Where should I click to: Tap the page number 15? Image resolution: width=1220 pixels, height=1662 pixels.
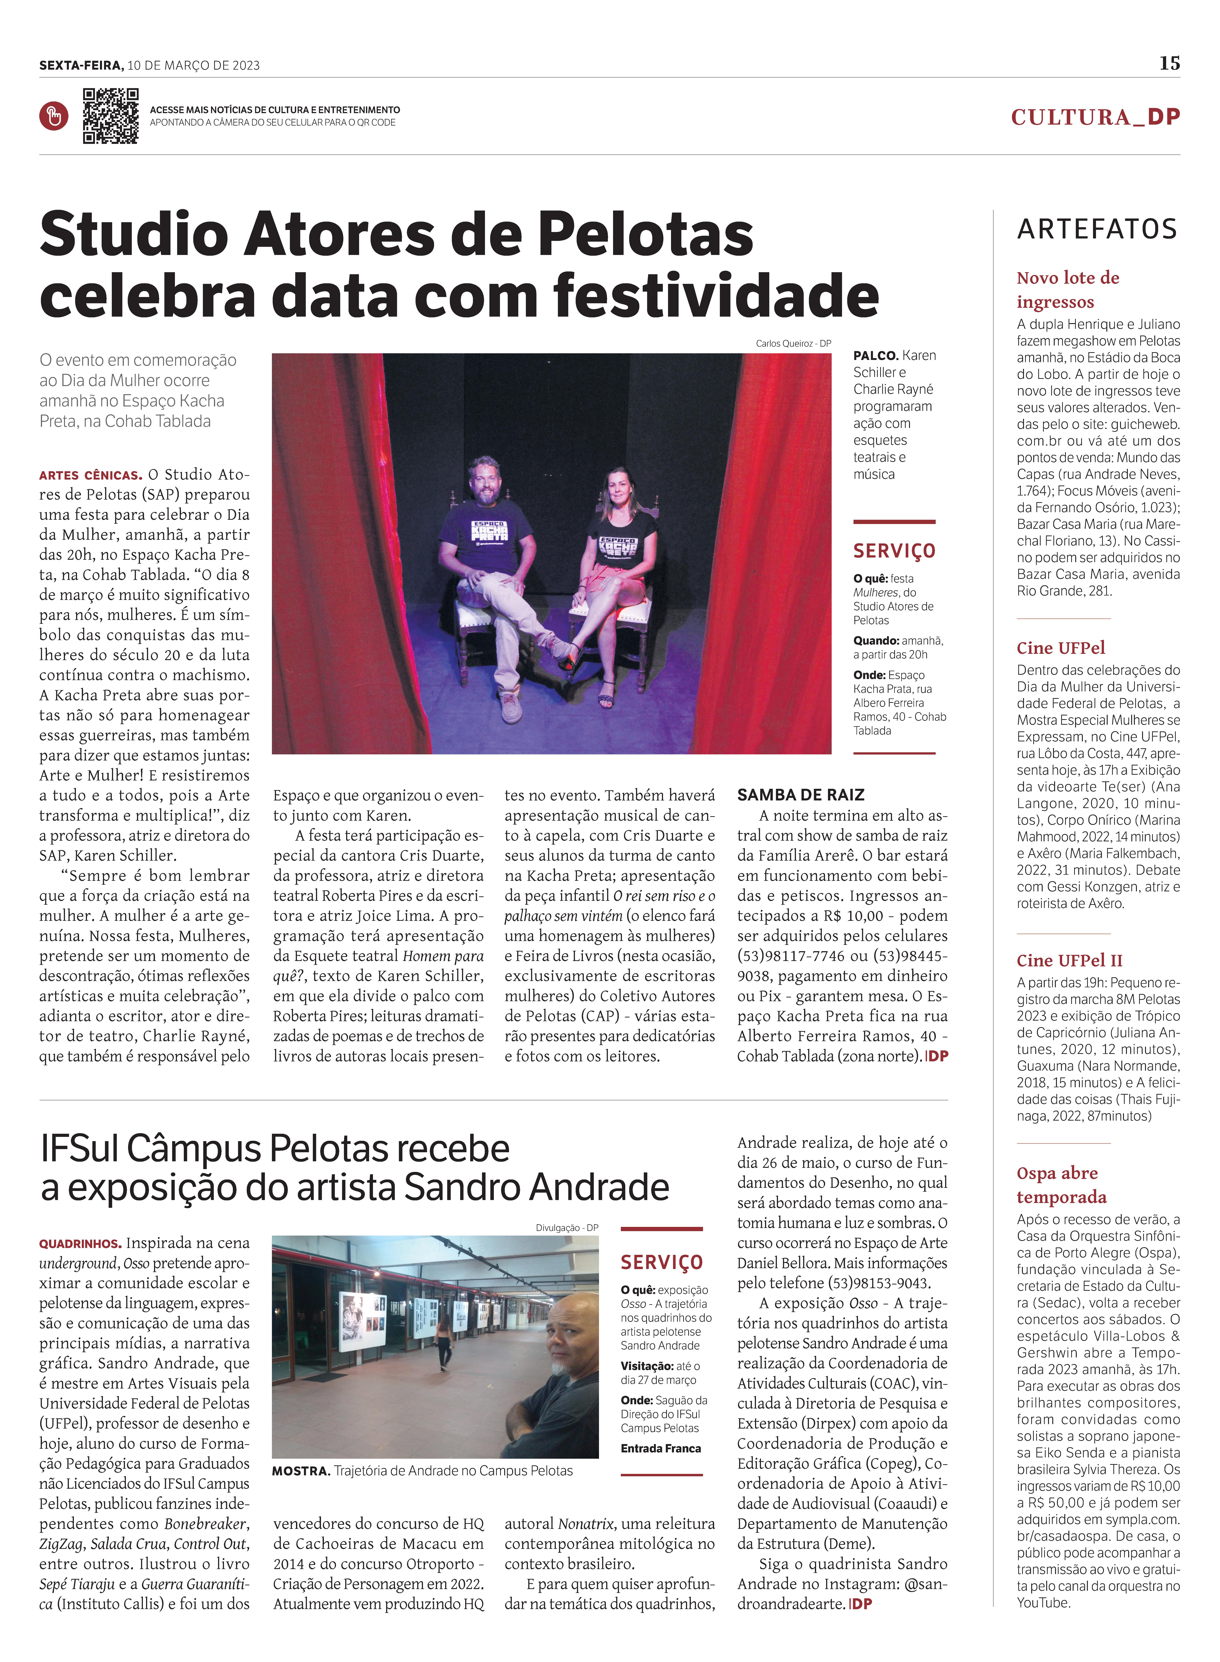coord(1169,64)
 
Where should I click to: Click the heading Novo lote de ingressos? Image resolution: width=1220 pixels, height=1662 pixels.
coord(1068,290)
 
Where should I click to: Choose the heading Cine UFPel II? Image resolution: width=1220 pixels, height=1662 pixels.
coord(1069,960)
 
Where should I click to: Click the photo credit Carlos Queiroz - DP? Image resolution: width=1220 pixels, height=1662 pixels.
coord(793,343)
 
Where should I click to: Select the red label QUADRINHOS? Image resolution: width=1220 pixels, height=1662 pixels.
coord(81,1244)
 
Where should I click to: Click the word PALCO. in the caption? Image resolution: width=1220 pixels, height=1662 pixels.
coord(876,356)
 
